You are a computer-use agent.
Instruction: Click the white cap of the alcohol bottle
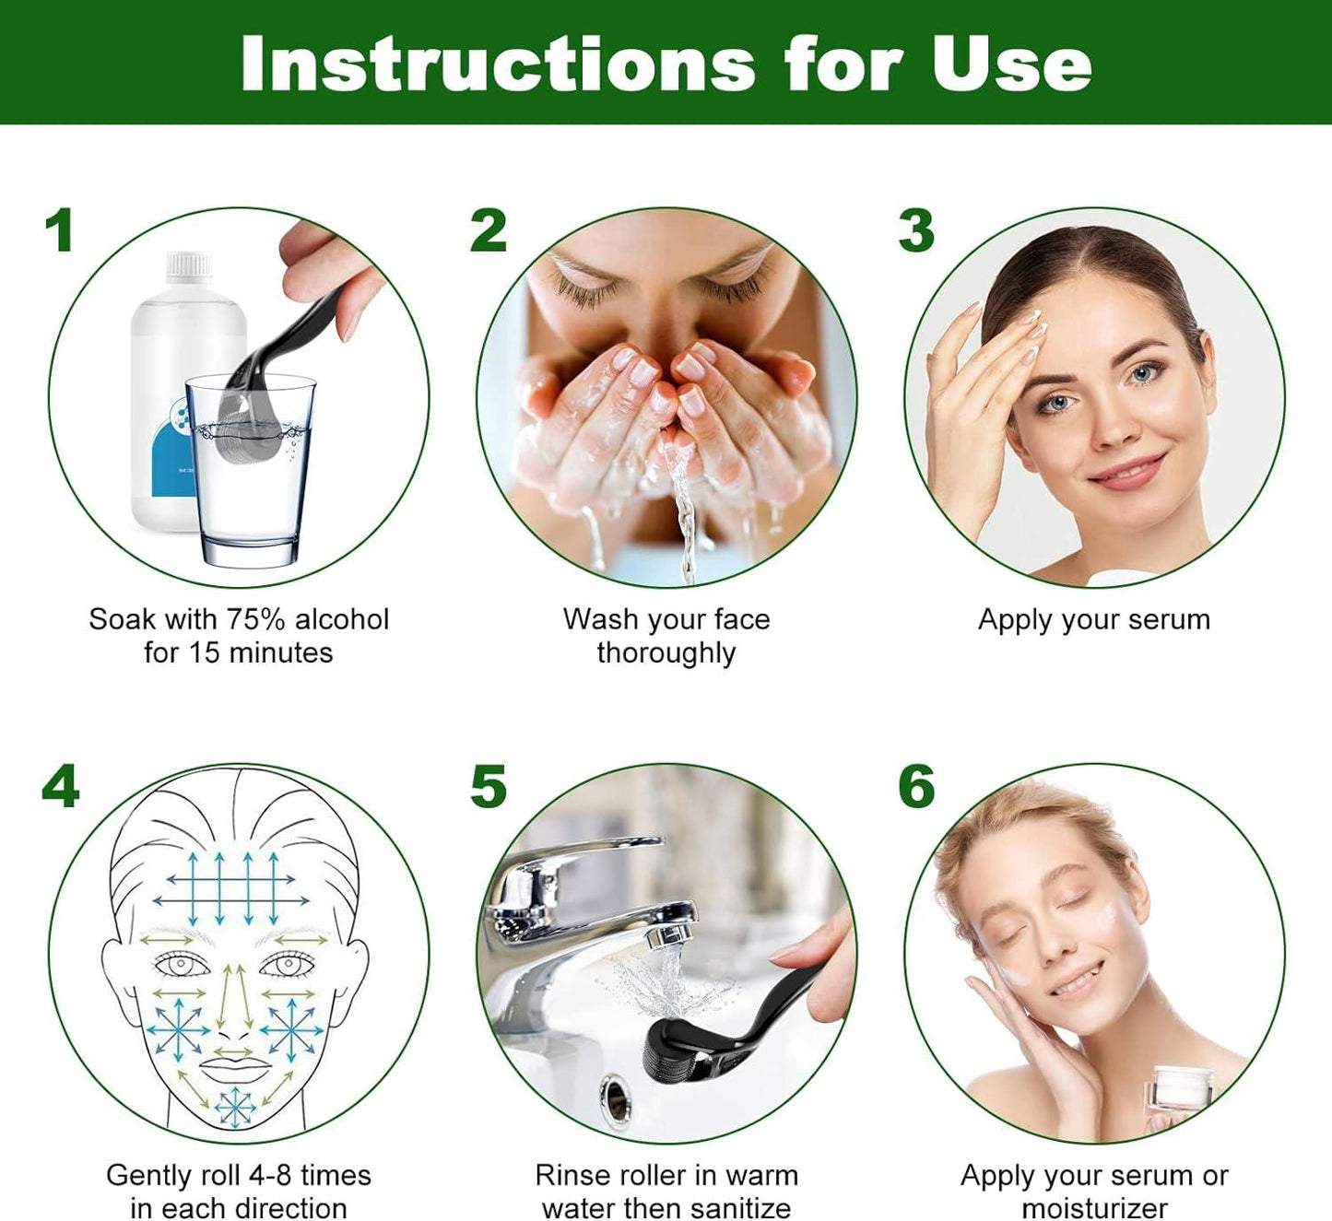coord(189,266)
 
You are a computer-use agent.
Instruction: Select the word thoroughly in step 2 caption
coord(666,653)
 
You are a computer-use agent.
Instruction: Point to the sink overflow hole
coord(615,1097)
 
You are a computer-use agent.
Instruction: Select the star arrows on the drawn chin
coord(235,1107)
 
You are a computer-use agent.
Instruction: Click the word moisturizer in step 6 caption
coord(1094,1208)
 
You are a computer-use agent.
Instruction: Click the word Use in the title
coord(1011,64)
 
